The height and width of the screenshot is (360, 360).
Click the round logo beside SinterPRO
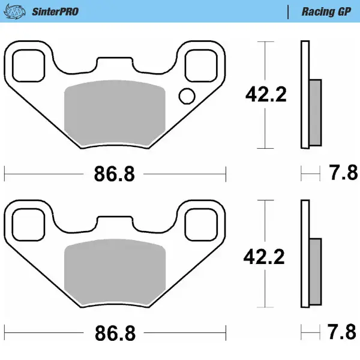[x=19, y=11]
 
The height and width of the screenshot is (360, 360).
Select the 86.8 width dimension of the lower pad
[x=114, y=332]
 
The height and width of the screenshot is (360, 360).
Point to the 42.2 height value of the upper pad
[x=266, y=94]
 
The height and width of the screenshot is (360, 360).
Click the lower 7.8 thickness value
[x=343, y=331]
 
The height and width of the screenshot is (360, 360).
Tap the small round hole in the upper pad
[x=187, y=95]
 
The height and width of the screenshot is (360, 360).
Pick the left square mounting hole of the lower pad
[x=28, y=223]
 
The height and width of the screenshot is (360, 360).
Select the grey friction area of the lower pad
[x=114, y=273]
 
